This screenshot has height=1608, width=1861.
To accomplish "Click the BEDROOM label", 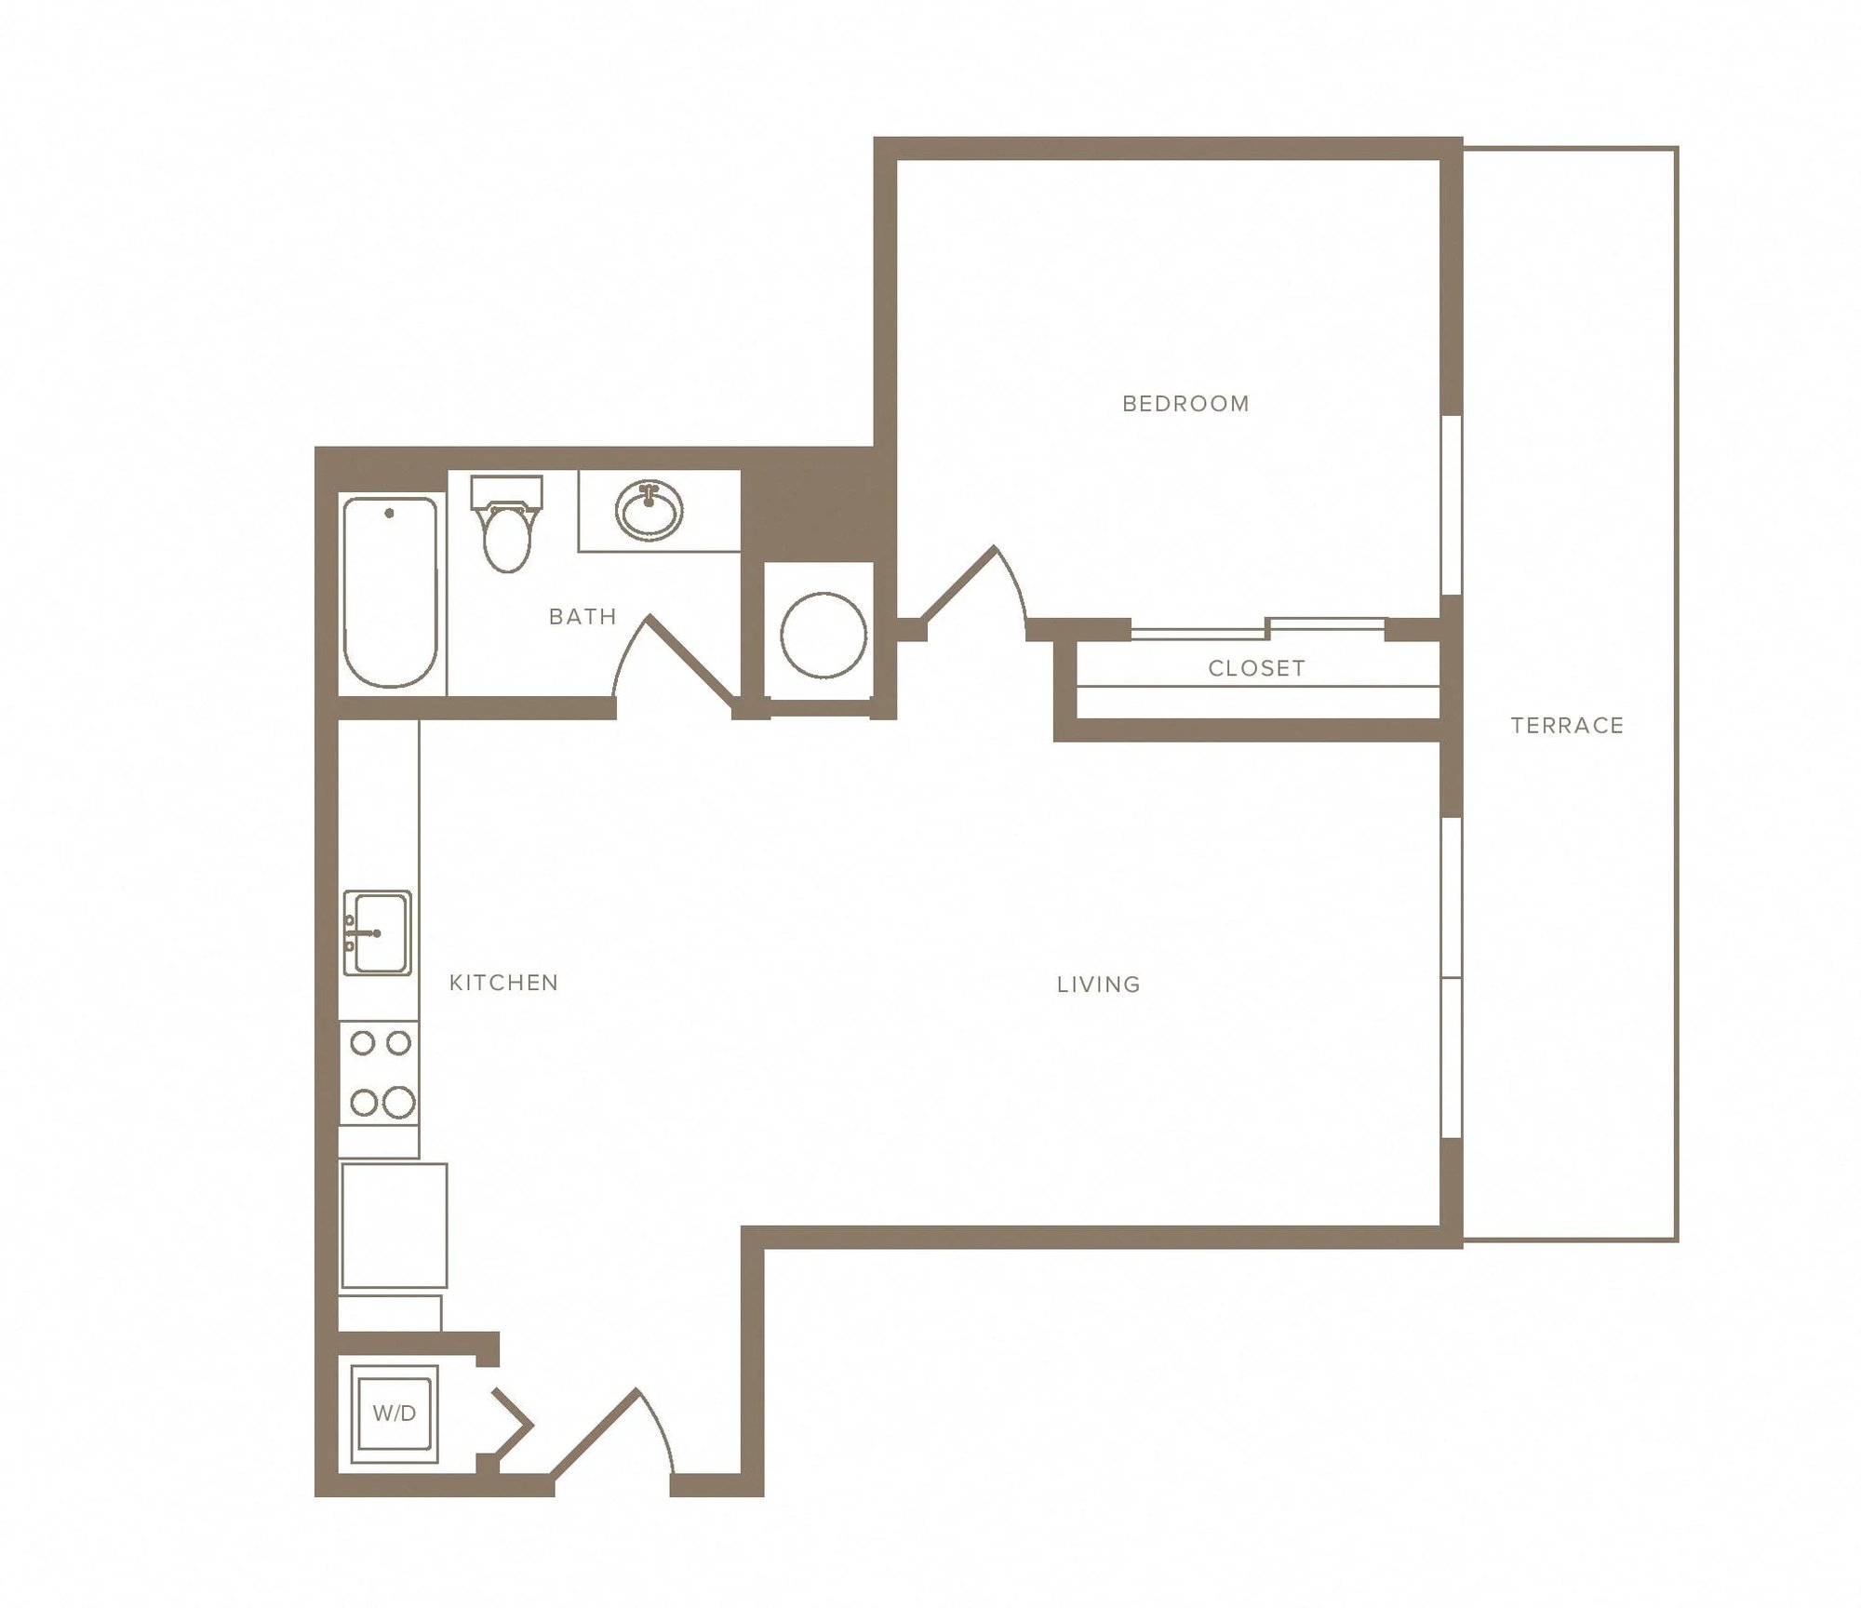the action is [x=1185, y=404].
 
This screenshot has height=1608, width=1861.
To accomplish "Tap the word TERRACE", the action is [x=1567, y=726].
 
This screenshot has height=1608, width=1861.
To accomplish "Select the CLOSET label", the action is [x=1256, y=668].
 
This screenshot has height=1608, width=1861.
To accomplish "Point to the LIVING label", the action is [x=1098, y=985].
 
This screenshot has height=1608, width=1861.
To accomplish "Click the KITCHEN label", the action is [x=503, y=983].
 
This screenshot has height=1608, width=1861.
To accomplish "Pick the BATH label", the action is [x=582, y=617].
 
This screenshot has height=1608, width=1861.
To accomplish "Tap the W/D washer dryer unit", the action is [x=394, y=1414].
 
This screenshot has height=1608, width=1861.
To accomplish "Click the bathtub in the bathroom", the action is [x=391, y=592].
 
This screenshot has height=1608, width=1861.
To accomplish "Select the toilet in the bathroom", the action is [x=507, y=523].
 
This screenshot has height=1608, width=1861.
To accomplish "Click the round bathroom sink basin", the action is [x=649, y=510].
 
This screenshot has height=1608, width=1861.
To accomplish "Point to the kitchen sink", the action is [x=377, y=932].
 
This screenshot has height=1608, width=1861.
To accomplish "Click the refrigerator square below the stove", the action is [x=394, y=1225].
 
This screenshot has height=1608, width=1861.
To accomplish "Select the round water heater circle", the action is [x=823, y=636].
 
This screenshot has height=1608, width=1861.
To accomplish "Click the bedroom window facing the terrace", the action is [x=1452, y=505].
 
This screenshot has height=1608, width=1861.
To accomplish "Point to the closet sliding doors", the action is [x=1258, y=627].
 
